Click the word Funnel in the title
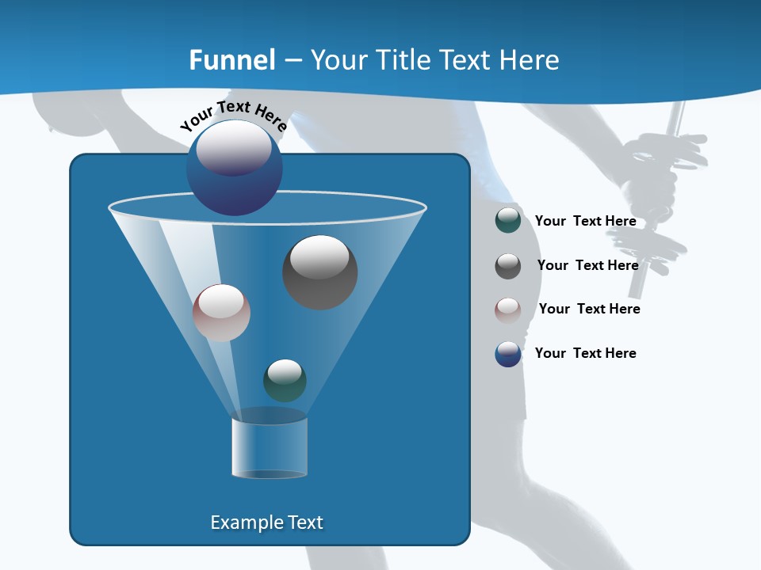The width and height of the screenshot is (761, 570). [x=232, y=60]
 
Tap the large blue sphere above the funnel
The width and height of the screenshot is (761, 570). [x=235, y=168]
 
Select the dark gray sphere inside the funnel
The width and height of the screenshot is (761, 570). [x=320, y=272]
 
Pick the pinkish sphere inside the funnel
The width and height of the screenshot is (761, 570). [x=221, y=313]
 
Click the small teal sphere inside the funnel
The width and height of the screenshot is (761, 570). [x=285, y=380]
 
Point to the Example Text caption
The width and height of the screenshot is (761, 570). [x=266, y=522]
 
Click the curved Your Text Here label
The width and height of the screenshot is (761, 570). [x=233, y=116]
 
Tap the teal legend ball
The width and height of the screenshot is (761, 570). [x=508, y=220]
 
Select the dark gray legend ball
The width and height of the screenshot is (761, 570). [x=508, y=266]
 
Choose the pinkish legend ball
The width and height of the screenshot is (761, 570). [x=508, y=310]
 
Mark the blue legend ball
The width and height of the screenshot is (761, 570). [x=508, y=354]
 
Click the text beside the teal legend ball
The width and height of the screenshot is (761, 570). [x=585, y=221]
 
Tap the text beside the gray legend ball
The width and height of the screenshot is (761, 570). [x=587, y=265]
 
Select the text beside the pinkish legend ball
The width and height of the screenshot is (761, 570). [x=589, y=309]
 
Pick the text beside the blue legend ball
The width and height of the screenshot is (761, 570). [x=585, y=353]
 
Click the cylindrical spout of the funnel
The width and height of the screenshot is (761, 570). [x=270, y=447]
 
